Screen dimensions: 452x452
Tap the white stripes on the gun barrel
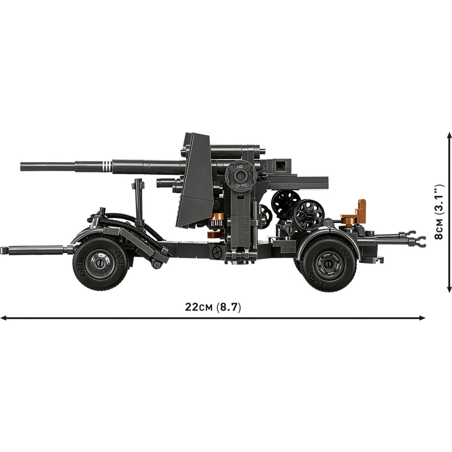(108, 167)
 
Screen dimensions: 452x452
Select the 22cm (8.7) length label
(213, 307)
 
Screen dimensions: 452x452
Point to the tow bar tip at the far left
(4, 249)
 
